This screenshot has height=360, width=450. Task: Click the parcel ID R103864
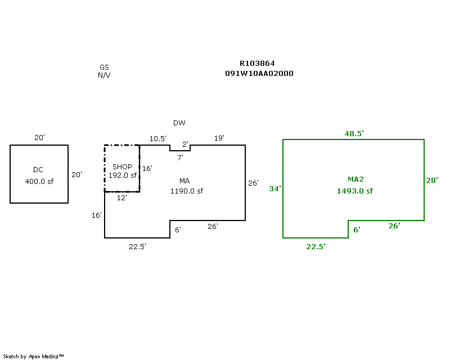point(257,64)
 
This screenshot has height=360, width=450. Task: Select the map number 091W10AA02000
point(259,74)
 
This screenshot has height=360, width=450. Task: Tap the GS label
point(104,67)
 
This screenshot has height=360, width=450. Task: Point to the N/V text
point(104,75)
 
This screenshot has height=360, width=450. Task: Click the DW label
point(179,123)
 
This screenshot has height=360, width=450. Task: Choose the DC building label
point(38,170)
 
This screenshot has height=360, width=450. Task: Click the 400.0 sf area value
point(39,181)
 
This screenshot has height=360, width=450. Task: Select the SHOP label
point(122,167)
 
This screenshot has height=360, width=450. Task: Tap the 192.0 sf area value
point(123,175)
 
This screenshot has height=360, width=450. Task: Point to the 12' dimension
point(122,197)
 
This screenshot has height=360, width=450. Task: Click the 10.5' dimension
point(158,138)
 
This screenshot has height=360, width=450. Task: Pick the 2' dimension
point(186,144)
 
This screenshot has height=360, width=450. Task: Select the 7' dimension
point(180,158)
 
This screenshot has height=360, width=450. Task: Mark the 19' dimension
point(219,138)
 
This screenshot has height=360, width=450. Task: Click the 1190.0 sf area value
point(187,191)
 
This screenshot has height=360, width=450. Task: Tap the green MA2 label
point(355,179)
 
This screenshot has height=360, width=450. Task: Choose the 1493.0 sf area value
point(355,191)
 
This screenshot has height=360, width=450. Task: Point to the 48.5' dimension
point(354,133)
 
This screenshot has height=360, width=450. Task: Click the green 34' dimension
point(274,189)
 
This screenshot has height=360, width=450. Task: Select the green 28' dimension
point(431,181)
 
